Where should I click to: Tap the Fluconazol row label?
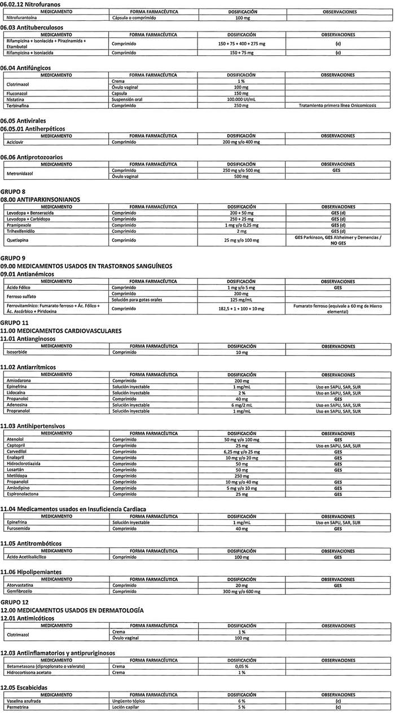coord(17,93)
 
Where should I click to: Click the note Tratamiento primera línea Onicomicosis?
coord(337,105)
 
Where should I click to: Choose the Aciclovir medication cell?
coord(16,142)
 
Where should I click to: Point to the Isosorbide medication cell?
coord(17,352)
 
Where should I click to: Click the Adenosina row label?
coord(17,405)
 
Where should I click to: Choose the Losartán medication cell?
coord(16,470)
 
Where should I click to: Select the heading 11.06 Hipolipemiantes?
coord(32,572)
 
